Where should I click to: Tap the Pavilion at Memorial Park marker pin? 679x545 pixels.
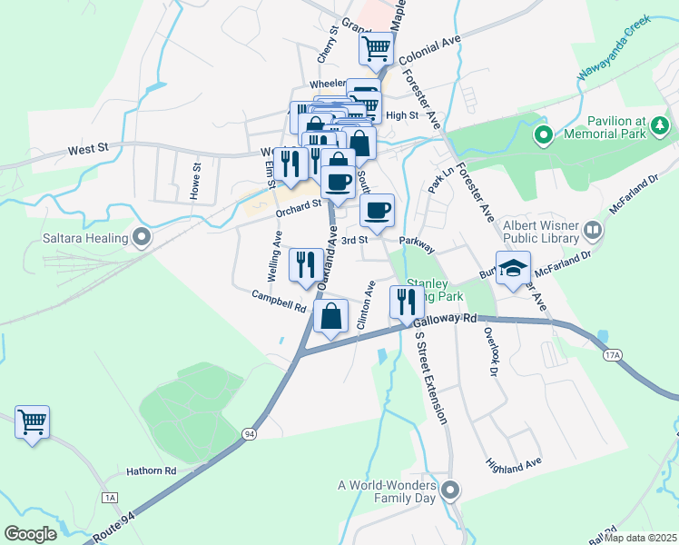544,136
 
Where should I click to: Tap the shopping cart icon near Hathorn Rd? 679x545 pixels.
32,422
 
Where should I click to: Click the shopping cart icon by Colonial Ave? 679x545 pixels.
376,48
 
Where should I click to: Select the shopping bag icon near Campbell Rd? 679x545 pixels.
331,317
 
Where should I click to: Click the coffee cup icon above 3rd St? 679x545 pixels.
377,212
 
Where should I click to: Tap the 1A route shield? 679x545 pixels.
111,498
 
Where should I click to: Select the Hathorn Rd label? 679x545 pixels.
153,471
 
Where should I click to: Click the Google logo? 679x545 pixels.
30,534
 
